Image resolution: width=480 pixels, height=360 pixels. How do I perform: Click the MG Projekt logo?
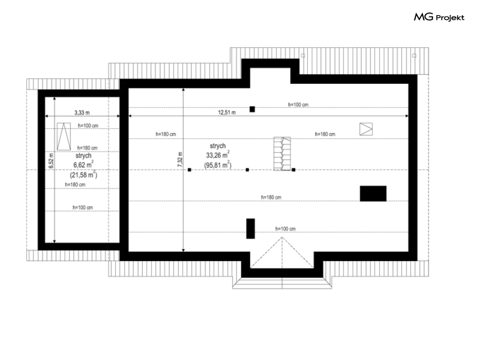pos(439,17)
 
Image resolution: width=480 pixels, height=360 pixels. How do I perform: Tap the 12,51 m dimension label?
pos(227,113)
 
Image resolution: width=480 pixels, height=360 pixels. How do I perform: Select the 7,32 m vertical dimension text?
pos(180,160)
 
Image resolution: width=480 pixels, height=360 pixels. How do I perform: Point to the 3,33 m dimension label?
pos(82,113)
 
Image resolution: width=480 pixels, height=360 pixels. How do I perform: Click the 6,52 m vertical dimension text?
pos(51,160)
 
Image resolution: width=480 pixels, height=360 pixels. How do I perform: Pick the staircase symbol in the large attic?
pos(282,154)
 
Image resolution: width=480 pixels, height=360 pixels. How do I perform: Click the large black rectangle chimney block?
pos(373,194)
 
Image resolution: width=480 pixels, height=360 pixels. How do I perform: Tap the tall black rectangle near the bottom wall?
pos(250,228)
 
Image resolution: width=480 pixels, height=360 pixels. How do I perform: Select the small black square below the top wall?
pos(252,109)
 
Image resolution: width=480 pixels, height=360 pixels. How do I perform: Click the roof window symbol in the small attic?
pos(64,136)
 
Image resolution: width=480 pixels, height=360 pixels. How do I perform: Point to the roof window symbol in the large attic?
pos(366,129)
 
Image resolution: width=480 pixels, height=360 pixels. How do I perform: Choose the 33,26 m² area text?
pos(218,155)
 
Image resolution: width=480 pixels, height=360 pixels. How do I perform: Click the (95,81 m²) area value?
pos(218,165)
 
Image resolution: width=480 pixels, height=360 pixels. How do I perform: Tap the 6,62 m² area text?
pos(83,164)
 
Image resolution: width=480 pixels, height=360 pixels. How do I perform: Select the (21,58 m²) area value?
pos(83,174)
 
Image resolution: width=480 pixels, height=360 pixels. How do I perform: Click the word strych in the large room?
pos(218,146)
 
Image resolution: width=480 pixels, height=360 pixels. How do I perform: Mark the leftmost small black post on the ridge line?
pos(190,170)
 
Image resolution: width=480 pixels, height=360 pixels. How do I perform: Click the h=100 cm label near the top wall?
pos(298,105)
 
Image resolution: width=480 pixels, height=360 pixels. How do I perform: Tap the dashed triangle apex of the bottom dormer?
pos(282,237)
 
